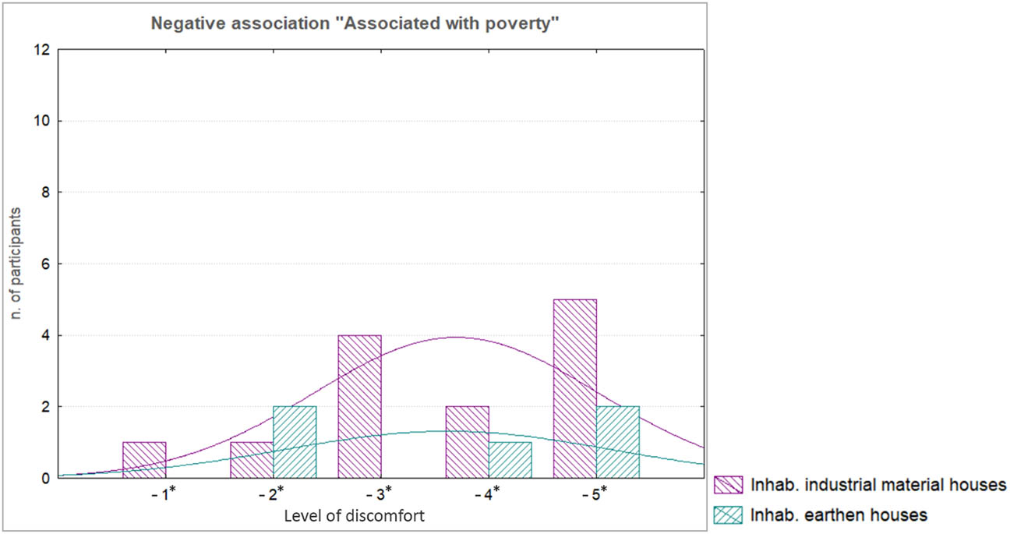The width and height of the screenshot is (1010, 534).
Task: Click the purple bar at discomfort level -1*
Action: [144, 460]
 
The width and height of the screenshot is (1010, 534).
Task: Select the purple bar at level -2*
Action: [252, 460]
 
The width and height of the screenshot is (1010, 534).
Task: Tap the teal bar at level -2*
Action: [295, 442]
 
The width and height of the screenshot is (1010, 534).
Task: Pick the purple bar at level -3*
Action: [359, 406]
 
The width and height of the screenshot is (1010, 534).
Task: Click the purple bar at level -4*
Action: [467, 442]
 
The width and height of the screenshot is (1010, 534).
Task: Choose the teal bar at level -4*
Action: [510, 460]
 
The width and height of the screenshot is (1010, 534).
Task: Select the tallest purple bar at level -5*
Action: [574, 388]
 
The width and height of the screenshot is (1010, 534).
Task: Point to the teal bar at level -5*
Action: [617, 442]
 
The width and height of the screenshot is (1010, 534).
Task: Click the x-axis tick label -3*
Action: [381, 496]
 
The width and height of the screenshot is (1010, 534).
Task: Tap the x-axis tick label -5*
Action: [596, 496]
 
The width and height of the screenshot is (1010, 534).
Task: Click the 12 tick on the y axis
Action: [43, 50]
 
